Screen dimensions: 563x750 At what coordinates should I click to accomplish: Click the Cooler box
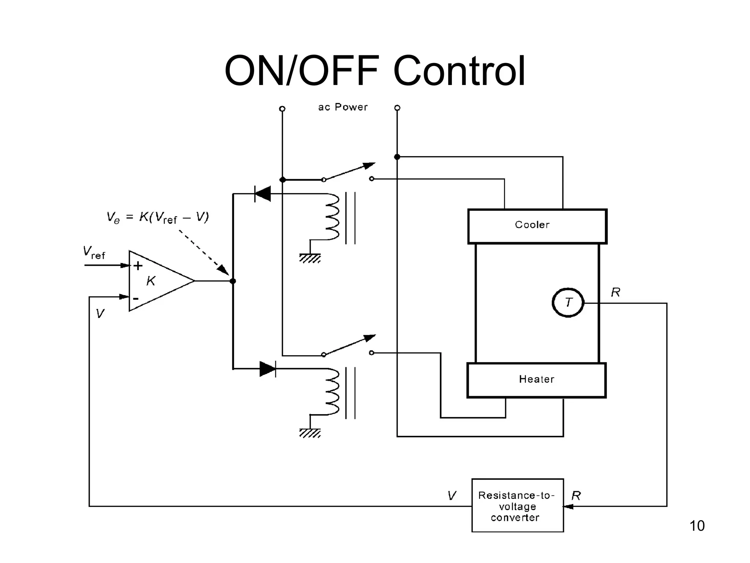coord(537,226)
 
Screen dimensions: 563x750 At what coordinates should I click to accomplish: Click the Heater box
coord(536,380)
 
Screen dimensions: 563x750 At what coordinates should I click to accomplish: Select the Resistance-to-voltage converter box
coord(517,505)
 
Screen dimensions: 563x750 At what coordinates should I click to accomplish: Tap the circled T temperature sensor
coord(568,303)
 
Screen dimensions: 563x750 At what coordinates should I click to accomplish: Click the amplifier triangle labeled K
coord(157,281)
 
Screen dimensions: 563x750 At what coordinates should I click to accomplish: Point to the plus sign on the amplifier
coord(138,266)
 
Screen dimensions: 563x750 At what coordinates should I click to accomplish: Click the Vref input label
coord(94,253)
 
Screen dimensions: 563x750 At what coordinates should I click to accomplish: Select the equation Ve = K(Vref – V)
coord(157,217)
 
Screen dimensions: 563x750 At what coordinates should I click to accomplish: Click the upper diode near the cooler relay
coord(263,194)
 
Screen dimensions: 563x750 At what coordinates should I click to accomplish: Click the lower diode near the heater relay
coord(268,369)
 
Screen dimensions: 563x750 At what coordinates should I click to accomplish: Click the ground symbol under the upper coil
coord(310,258)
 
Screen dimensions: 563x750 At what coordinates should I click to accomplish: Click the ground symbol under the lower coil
coord(310,433)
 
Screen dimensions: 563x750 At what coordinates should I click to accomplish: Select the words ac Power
coord(343,107)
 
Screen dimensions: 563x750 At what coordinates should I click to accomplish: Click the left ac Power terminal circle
coord(282,109)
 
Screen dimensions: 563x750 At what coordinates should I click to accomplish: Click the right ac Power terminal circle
coord(397,108)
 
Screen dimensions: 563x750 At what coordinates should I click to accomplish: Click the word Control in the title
coord(459,71)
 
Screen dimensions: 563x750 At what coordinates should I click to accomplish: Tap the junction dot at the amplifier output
coord(233,281)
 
